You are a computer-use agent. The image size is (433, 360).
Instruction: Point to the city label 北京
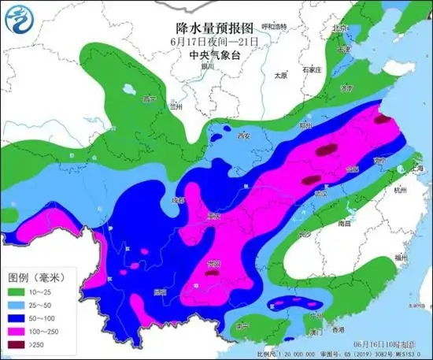[x=339, y=28]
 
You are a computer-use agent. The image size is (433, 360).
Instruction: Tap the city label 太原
[x=280, y=76]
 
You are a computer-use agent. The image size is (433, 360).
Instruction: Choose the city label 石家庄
[x=313, y=69]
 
